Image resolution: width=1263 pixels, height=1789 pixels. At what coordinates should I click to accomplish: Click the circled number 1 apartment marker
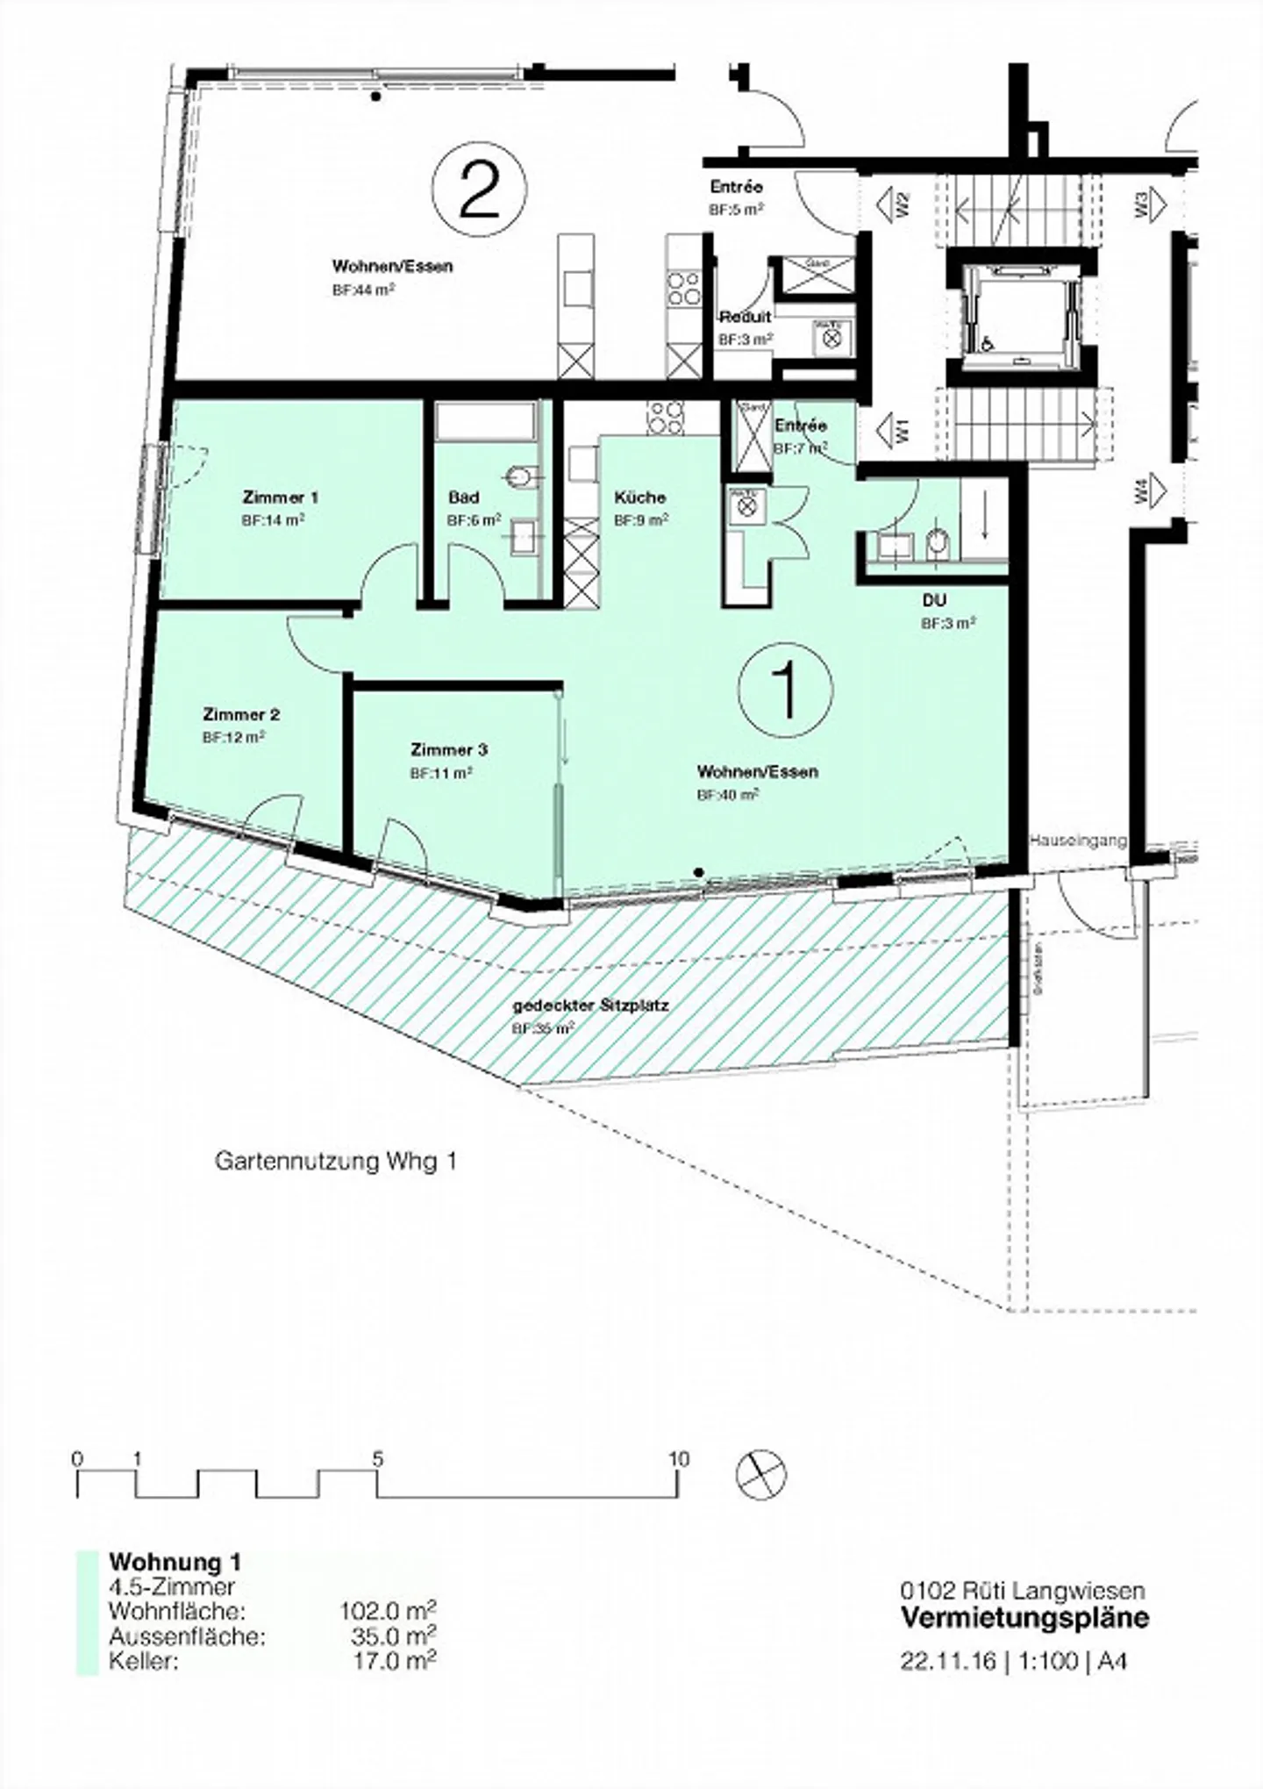pos(785,689)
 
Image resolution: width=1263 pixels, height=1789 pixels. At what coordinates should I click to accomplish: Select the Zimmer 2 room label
pos(241,714)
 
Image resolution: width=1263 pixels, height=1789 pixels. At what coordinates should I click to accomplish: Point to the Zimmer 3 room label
pos(448,750)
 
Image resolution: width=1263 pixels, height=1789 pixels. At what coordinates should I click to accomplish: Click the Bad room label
pos(463,497)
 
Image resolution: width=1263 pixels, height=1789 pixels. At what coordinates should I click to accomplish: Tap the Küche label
pos(639,497)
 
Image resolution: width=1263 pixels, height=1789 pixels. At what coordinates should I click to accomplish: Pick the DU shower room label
pos(934,601)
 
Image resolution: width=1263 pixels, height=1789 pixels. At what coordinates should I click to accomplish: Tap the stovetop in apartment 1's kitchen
pos(666,417)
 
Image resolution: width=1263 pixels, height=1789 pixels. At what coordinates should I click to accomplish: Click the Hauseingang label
pos(1077,841)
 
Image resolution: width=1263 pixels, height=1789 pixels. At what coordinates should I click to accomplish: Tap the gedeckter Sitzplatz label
pos(590,1005)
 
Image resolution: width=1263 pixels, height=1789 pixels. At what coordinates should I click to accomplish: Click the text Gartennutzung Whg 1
pos(336,1162)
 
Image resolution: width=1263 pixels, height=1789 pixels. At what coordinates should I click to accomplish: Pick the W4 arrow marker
pos(1150,490)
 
